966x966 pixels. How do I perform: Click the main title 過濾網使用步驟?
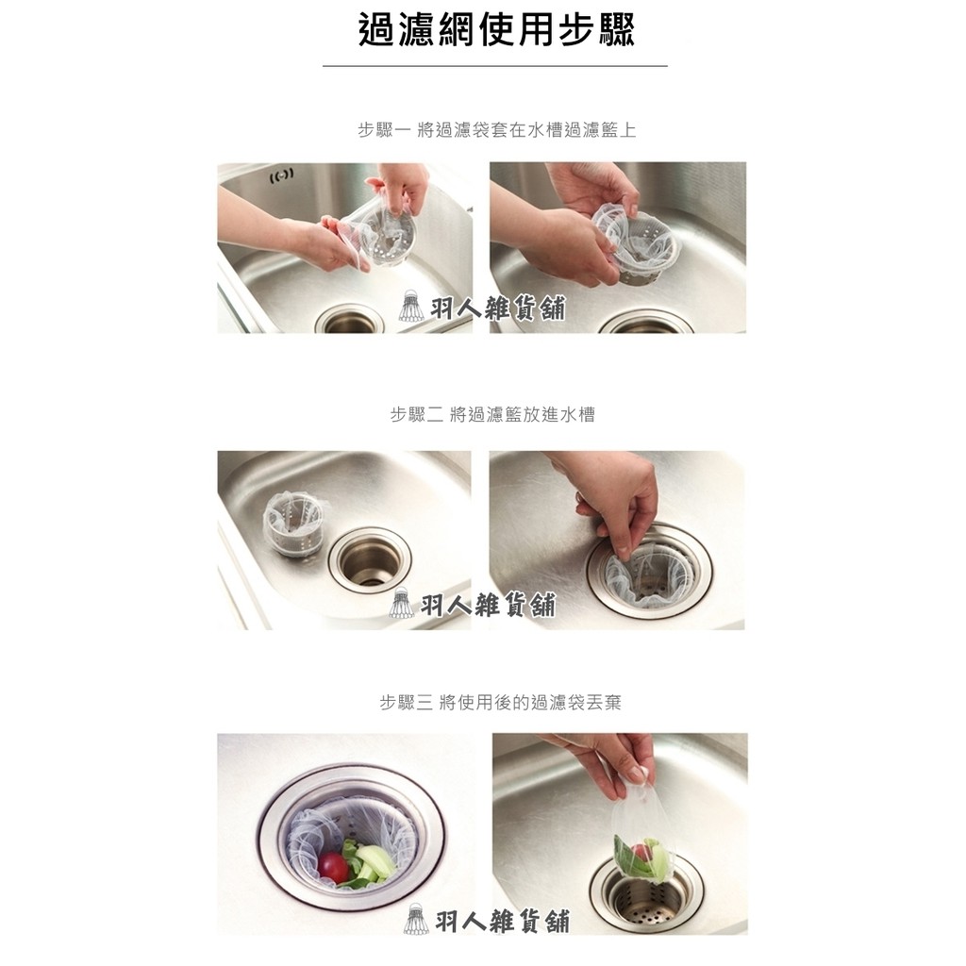click(496, 30)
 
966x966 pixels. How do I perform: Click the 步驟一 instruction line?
click(496, 130)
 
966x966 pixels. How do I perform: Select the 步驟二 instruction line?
click(492, 414)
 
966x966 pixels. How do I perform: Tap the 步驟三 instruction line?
click(500, 703)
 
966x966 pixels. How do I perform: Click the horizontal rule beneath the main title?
click(494, 66)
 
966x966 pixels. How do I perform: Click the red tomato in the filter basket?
click(333, 865)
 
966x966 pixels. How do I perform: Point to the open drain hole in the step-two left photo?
click(370, 560)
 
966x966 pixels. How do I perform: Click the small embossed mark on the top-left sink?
click(282, 175)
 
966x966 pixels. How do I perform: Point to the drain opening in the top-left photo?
click(349, 321)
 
